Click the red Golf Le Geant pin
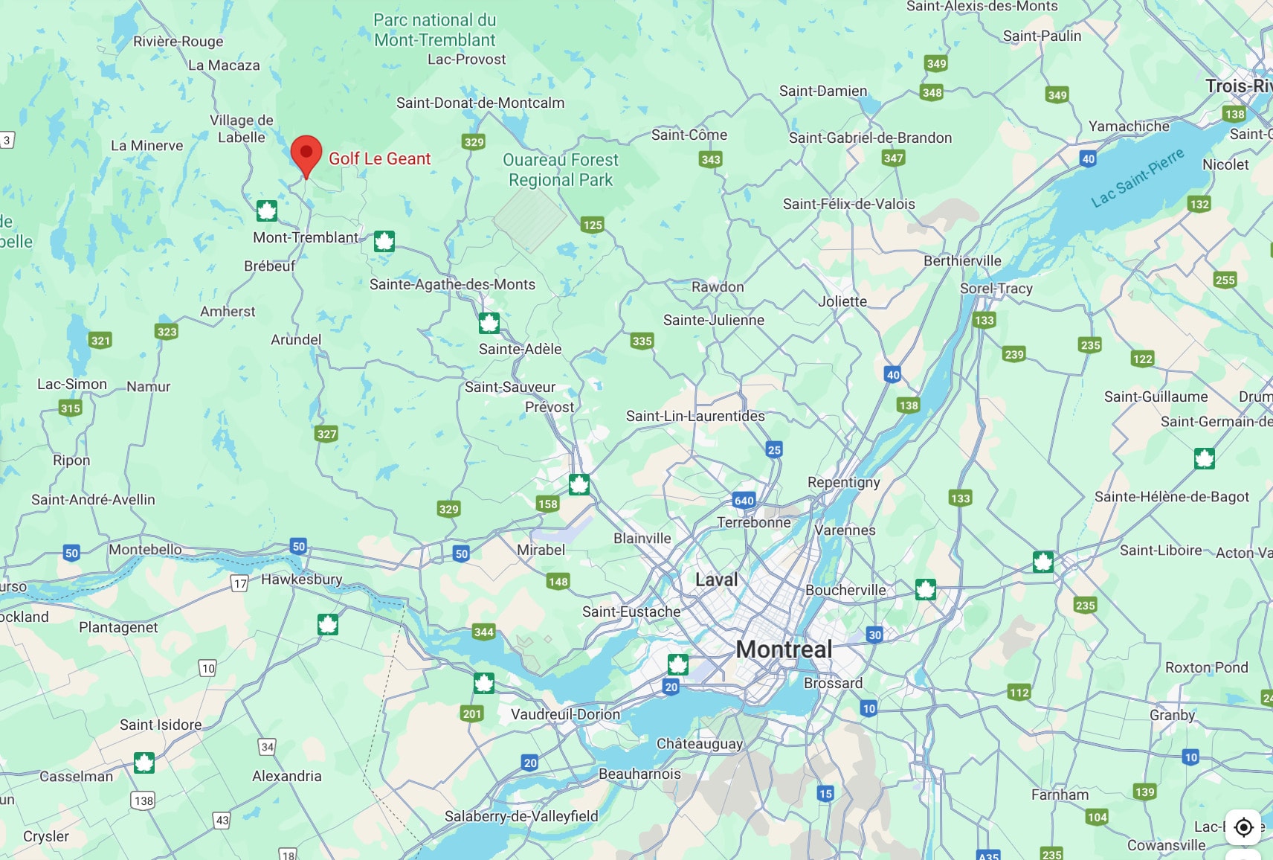[306, 154]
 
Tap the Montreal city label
[784, 649]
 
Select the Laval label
[717, 580]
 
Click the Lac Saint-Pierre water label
[1137, 178]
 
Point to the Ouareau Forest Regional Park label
[561, 170]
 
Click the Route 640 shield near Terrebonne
[744, 500]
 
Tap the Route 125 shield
[593, 225]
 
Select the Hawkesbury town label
[301, 579]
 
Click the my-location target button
[1243, 827]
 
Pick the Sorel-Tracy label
[996, 288]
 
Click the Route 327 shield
[326, 434]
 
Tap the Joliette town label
[842, 301]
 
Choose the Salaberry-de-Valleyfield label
[521, 815]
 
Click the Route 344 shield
[483, 632]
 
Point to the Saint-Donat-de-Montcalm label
[480, 103]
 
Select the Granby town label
[1172, 714]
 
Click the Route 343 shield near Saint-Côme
[710, 159]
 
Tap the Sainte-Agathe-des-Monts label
[452, 284]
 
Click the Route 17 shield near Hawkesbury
[239, 583]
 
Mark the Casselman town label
[77, 776]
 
